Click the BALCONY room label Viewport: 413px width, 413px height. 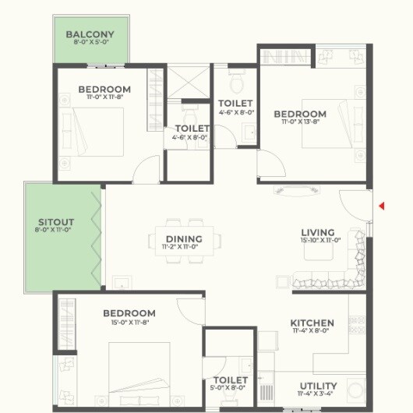[x=90, y=34]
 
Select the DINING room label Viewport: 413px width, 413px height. [x=184, y=239]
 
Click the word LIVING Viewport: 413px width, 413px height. [x=318, y=232]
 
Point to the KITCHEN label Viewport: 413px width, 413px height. [x=312, y=323]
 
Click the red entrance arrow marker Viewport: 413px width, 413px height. [x=381, y=206]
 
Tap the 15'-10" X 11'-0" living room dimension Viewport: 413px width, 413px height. [x=318, y=241]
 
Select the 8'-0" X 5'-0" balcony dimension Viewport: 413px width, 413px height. [x=90, y=44]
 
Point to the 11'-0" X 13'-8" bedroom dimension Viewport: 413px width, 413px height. [x=300, y=123]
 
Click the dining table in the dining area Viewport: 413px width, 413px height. [x=185, y=240]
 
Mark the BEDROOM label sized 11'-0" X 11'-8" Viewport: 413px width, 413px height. [x=104, y=90]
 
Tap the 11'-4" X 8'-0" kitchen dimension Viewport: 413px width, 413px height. [x=312, y=331]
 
